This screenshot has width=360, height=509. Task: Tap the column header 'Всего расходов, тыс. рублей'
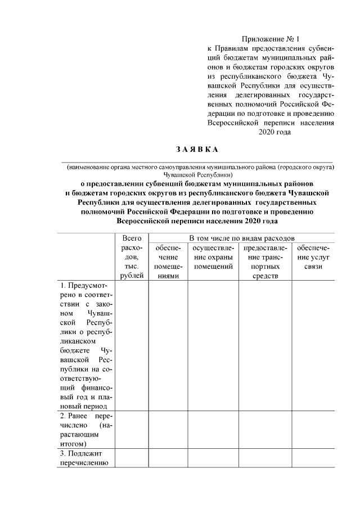coord(132,256)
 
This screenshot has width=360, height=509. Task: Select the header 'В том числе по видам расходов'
coord(241,238)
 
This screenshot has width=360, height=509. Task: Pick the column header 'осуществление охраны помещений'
coord(213,257)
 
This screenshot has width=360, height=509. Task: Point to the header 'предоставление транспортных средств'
coord(265,262)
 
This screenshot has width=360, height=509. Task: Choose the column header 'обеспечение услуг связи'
coord(313,257)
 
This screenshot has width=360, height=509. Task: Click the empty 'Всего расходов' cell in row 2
coord(132,429)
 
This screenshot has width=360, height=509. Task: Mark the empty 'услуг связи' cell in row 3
coord(313,458)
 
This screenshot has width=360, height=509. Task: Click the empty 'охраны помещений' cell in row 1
coord(213,345)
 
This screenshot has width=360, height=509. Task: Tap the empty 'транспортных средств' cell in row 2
coord(265,429)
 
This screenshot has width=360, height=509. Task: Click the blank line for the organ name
coord(196,161)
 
